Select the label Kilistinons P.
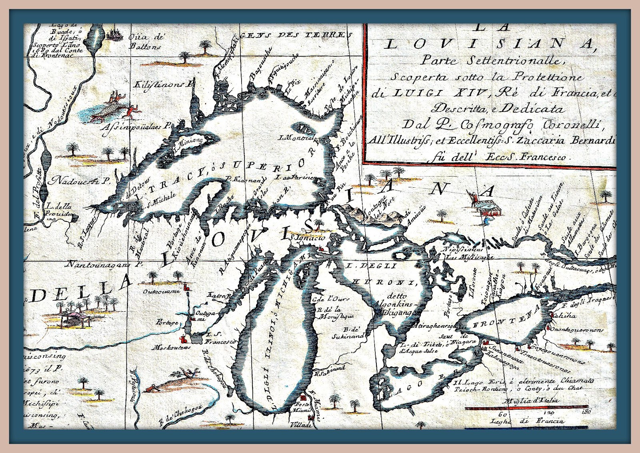point(165,85)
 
